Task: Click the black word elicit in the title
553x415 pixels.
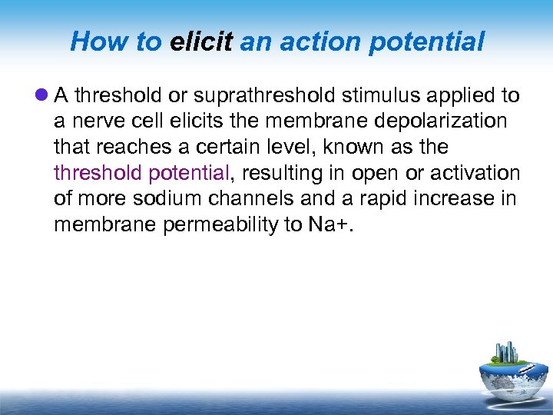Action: click(x=201, y=41)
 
